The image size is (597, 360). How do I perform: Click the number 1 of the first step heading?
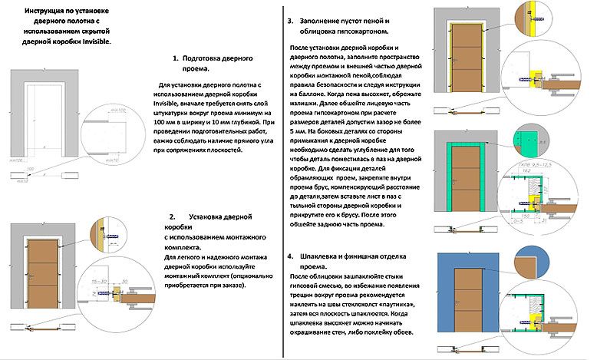pos(176,58)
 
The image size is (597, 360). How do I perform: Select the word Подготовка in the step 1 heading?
pos(206,58)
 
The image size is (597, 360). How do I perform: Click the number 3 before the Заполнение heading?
pos(289,21)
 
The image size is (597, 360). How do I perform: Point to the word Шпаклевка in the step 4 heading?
pos(332,255)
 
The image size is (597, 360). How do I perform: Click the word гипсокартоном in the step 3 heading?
pos(360,32)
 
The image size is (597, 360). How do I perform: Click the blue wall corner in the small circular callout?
pos(530,263)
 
